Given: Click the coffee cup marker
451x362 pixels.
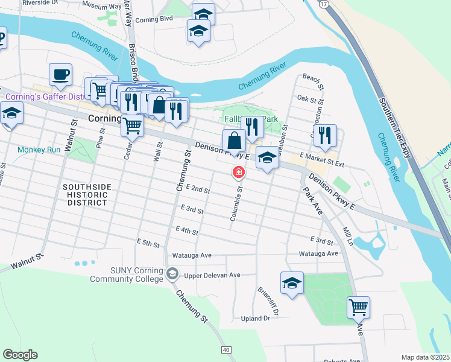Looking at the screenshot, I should point(60,75).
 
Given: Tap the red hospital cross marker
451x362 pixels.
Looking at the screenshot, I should point(239,173).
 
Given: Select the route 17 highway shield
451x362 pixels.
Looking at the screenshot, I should point(324,4).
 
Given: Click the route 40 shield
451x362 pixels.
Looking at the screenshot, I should point(226,350).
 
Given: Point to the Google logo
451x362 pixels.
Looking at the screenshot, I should point(20,355).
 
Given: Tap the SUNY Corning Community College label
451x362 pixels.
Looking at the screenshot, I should point(127,275).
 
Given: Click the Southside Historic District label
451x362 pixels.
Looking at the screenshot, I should point(87,195).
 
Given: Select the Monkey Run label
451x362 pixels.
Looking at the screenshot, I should point(39,150).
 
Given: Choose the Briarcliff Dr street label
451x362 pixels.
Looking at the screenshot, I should point(267,301).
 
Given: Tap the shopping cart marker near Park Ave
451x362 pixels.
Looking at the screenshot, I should point(358,307).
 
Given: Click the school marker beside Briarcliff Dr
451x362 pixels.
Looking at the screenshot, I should point(292,283).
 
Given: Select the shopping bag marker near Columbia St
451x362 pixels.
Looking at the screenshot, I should point(234,141).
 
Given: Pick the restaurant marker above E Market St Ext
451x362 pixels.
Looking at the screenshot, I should point(324,136).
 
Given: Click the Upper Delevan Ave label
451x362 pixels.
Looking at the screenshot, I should point(212,275).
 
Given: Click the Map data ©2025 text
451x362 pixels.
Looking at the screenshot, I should point(424,357).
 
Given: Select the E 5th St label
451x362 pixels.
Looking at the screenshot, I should point(148,244).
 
